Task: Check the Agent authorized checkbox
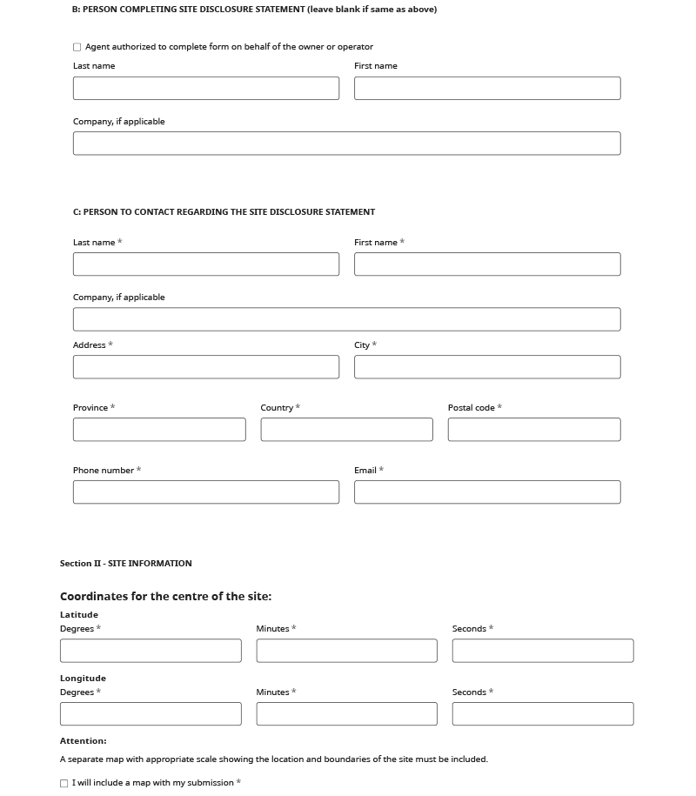point(77,47)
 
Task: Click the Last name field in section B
point(206,88)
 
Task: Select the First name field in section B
point(487,88)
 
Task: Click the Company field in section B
point(346,144)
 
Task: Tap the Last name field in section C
point(206,264)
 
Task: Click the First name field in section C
point(487,264)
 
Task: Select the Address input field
point(206,367)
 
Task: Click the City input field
point(487,367)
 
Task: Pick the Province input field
point(159,430)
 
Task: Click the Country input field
point(346,430)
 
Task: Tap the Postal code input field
point(534,430)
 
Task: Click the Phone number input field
point(206,492)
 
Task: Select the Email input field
point(487,492)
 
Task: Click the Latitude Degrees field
point(151,651)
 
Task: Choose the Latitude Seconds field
point(543,651)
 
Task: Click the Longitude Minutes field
point(346,714)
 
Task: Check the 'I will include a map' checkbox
point(64,784)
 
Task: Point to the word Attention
point(84,741)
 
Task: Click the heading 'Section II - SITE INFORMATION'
point(126,564)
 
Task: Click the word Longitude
point(83,679)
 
